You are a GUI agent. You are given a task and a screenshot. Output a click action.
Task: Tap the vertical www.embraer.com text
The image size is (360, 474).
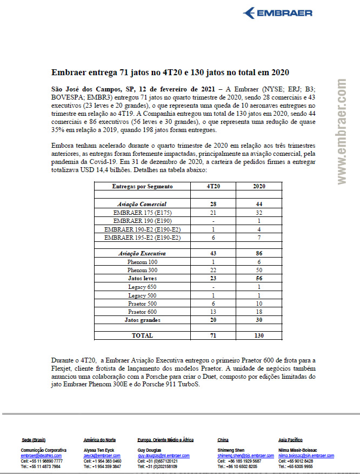tap(342, 132)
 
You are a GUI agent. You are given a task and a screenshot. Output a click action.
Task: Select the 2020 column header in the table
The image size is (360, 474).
tap(259, 186)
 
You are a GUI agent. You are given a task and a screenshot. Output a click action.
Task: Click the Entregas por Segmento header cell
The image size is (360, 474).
tap(142, 186)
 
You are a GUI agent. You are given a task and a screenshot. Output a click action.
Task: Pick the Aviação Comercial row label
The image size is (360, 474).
tap(142, 204)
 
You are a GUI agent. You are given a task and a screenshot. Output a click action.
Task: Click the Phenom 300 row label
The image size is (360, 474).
tap(142, 269)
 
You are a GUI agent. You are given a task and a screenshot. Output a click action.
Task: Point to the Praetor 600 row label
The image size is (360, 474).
tap(142, 311)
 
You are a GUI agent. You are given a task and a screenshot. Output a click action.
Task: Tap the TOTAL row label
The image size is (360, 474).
tap(142, 335)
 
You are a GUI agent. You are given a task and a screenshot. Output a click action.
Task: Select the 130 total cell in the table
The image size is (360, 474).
tap(259, 335)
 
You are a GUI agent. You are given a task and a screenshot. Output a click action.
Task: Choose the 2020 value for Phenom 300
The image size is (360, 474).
tap(259, 269)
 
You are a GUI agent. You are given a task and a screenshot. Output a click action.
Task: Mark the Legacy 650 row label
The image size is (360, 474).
tap(142, 286)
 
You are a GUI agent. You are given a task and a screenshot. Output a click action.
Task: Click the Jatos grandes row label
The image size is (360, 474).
tap(142, 319)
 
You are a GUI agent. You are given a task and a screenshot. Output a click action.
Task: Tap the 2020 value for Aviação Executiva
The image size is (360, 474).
tap(259, 253)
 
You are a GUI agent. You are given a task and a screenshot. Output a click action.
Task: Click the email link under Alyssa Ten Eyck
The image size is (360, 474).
tap(102, 456)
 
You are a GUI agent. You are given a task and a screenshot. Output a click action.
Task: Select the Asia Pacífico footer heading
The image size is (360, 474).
tap(290, 440)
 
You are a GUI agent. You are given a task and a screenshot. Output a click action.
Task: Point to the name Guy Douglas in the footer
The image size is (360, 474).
tap(150, 450)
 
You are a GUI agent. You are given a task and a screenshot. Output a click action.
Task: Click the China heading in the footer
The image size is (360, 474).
tap(223, 440)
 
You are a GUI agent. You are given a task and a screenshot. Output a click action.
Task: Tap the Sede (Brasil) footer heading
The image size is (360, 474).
tap(33, 440)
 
